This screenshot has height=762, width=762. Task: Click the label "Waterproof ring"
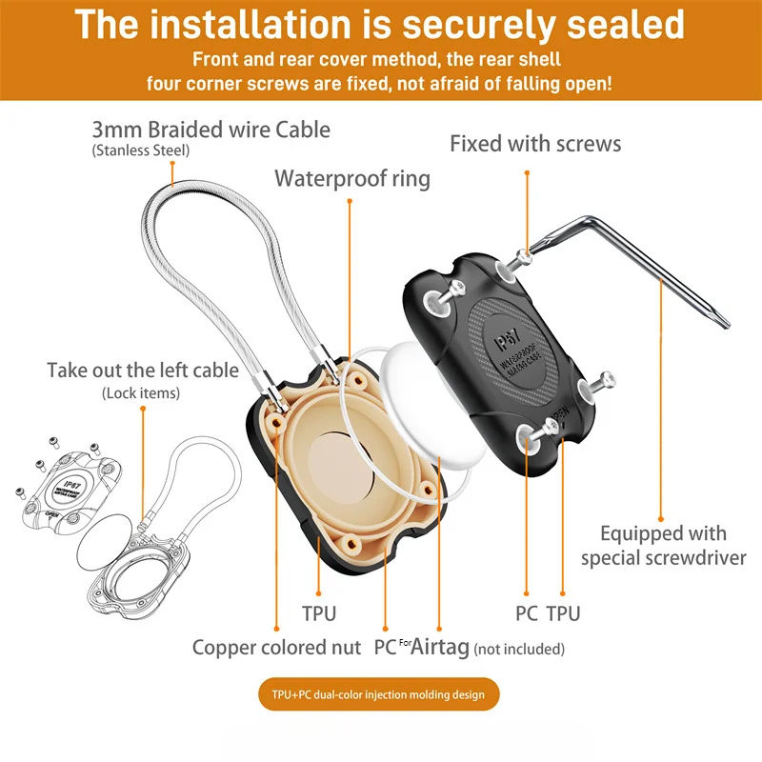point(352,178)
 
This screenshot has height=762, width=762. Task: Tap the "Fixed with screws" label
point(535,144)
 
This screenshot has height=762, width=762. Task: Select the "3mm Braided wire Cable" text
point(211,129)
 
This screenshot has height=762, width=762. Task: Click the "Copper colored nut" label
point(276,648)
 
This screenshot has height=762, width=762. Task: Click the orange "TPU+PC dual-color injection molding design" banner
point(380,694)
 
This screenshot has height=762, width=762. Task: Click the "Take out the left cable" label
point(143,370)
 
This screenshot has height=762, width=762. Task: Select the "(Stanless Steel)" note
point(141,150)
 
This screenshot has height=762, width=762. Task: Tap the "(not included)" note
point(519,650)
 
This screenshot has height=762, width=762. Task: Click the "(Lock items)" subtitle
point(140,392)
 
